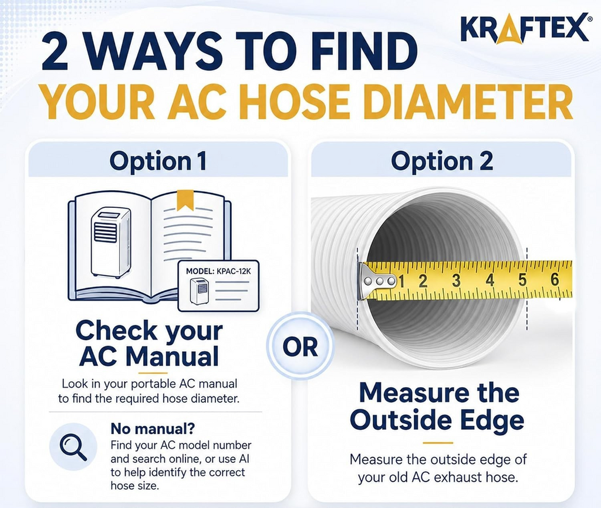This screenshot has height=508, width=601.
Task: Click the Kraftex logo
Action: tap(524, 28)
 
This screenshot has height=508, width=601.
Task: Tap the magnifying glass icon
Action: tap(73, 448)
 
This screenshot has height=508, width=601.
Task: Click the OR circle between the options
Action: tap(300, 346)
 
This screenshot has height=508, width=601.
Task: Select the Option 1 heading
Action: tap(158, 161)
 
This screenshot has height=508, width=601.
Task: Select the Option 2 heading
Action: tap(441, 161)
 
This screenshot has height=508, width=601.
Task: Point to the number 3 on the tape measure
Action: tap(455, 281)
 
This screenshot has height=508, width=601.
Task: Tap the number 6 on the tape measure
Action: tap(555, 280)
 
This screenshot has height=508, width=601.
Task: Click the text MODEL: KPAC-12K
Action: tap(218, 271)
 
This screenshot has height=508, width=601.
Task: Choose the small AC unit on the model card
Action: tap(200, 292)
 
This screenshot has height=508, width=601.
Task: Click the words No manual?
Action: tap(153, 428)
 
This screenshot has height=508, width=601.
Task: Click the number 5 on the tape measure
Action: tap(522, 280)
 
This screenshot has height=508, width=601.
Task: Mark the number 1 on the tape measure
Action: tap(401, 281)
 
